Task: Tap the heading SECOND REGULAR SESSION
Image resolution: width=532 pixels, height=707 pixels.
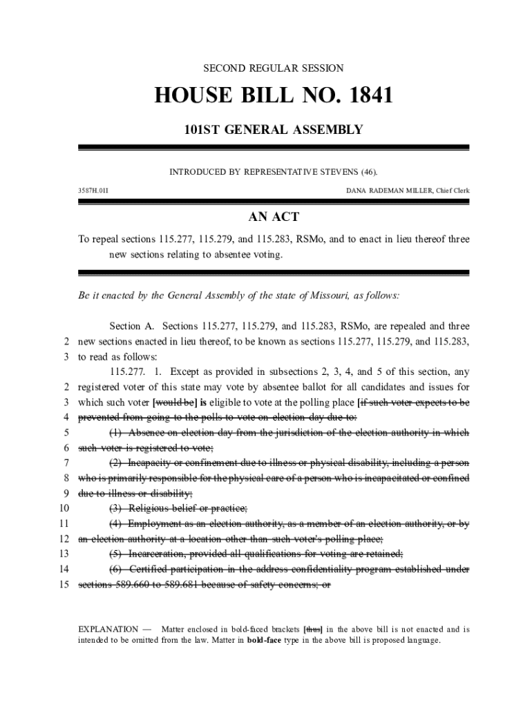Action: pos(273,68)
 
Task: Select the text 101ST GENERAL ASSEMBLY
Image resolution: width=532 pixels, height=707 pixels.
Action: pos(273,129)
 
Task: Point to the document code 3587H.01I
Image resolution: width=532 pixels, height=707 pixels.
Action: pos(93,189)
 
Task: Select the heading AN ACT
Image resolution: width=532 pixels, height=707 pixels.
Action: pos(274,217)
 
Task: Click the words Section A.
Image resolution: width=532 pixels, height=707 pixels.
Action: pos(135,326)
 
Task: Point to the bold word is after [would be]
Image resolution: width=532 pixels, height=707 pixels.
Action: pos(204,403)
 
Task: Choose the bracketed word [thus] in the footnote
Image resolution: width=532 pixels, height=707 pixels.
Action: pos(313,629)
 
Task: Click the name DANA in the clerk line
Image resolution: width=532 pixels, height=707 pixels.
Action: pos(357,189)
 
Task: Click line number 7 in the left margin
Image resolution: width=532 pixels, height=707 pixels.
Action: pos(66,463)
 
